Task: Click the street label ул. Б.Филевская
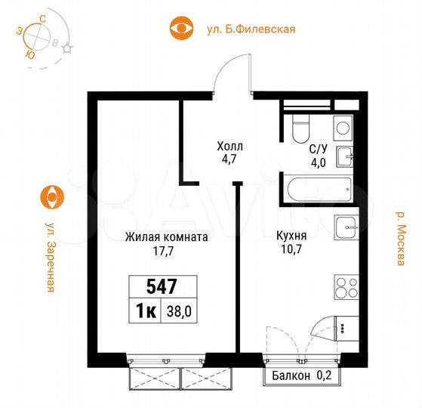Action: click(250, 29)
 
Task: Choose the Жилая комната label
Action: click(166, 236)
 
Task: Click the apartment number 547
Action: click(162, 286)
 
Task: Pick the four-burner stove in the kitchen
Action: click(345, 289)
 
